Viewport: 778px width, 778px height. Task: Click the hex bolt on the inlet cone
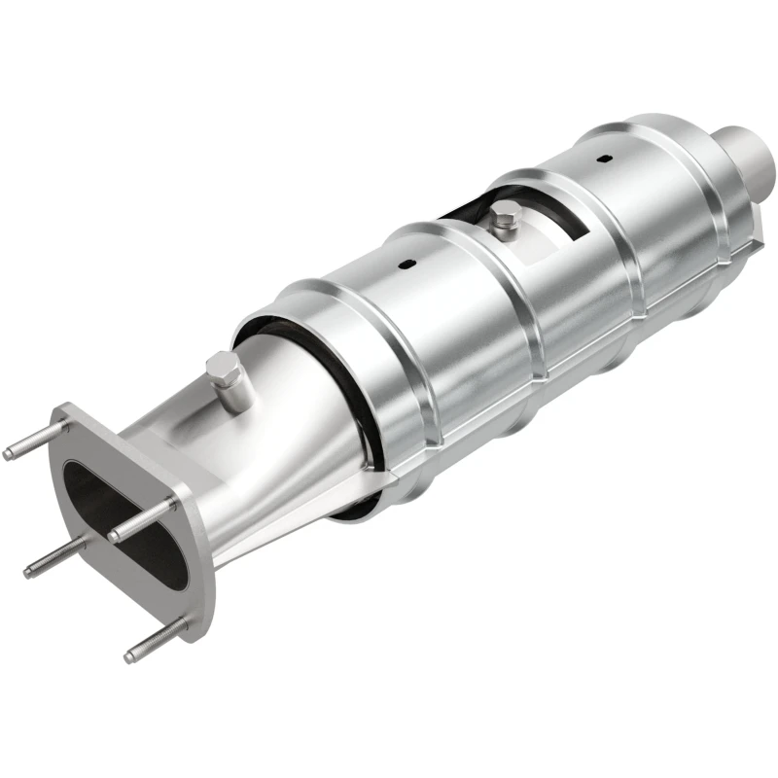(x=222, y=369)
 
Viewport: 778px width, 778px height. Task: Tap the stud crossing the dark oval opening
(x=146, y=520)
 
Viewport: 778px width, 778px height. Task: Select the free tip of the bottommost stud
(x=130, y=656)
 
